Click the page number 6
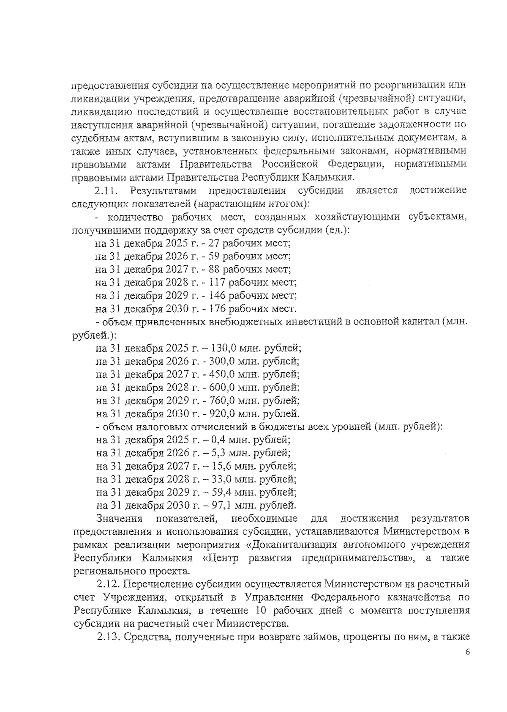[x=467, y=664]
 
